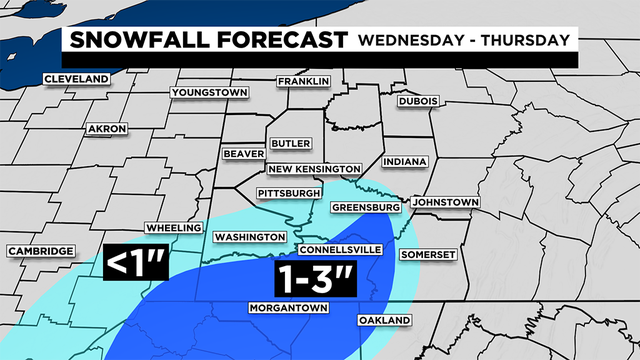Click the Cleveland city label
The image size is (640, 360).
pos(76,79)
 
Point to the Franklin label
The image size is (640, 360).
pos(304,81)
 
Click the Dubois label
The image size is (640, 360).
pos(417,100)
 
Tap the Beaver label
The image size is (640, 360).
pos(244,154)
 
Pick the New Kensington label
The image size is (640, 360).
pos(313,169)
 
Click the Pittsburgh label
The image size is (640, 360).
pos(289,192)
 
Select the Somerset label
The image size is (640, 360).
pos(429,255)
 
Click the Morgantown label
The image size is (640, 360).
pos(289,308)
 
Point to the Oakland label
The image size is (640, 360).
pos(384,320)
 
